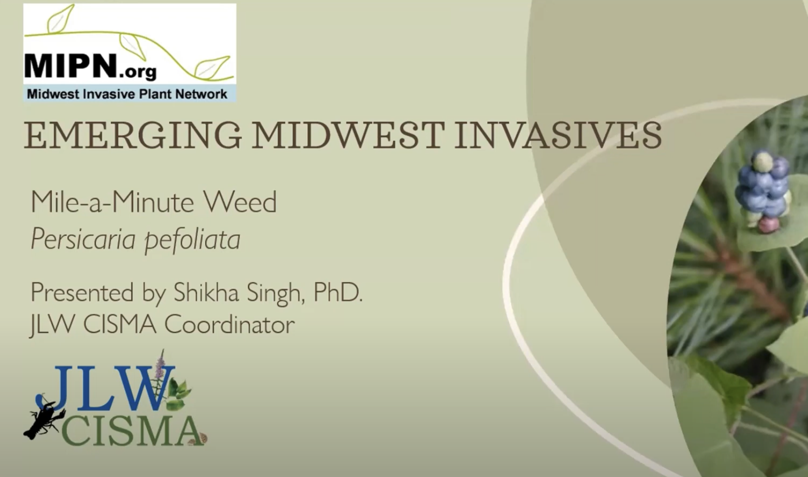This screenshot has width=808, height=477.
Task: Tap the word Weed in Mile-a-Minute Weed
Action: (x=240, y=202)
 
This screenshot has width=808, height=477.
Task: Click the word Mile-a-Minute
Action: (x=112, y=202)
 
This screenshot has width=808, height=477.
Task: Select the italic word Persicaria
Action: (x=83, y=238)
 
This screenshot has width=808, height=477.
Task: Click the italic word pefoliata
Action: (x=192, y=240)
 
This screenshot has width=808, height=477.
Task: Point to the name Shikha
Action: (x=206, y=292)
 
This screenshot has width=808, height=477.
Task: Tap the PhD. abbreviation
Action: (x=338, y=292)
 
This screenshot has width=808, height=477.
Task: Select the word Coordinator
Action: (x=229, y=324)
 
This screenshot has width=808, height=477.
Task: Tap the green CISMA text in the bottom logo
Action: (x=132, y=431)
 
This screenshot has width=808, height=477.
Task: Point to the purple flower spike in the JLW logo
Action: (x=160, y=364)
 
